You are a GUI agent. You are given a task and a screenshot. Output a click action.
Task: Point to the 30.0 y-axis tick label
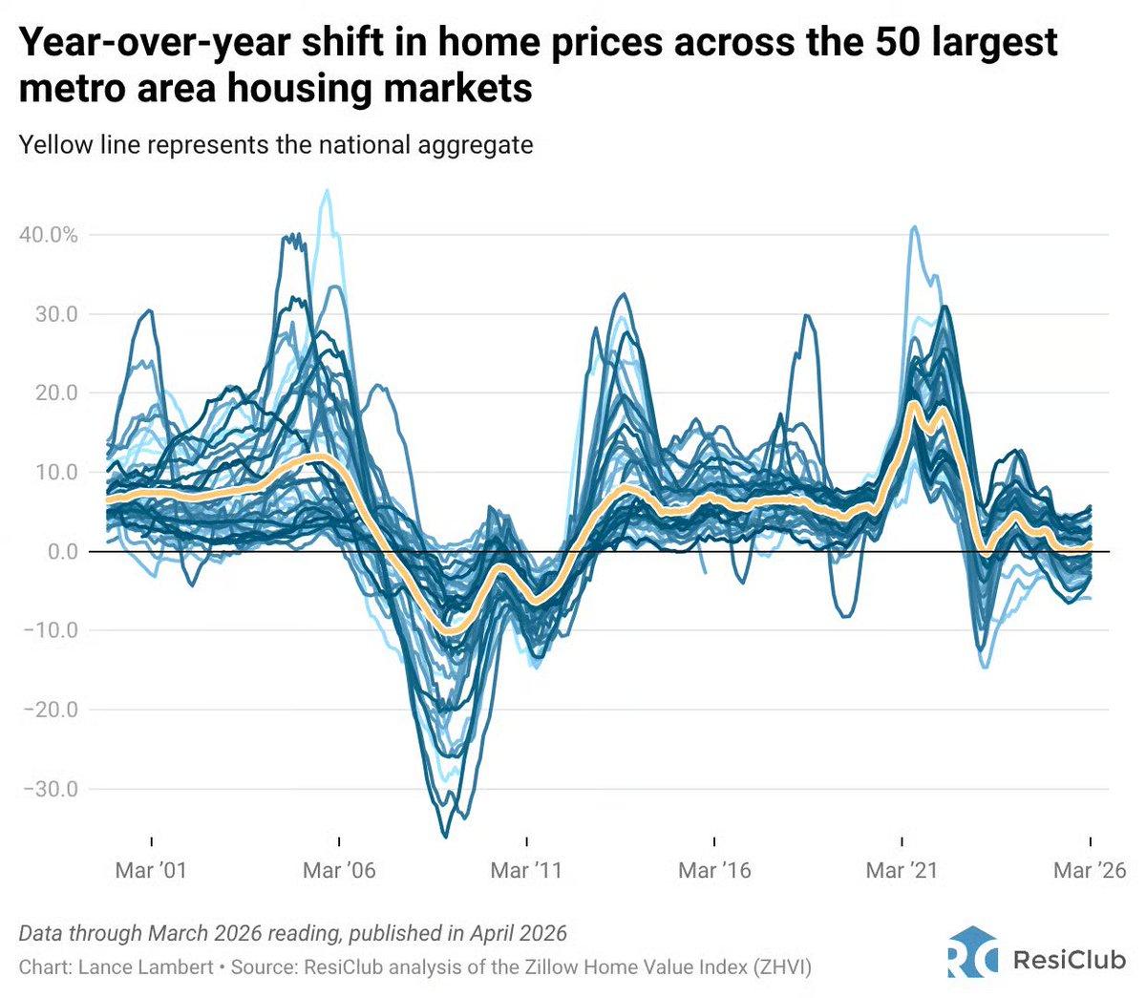pos(53,314)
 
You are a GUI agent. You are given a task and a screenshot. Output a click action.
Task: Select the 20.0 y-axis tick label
pos(53,393)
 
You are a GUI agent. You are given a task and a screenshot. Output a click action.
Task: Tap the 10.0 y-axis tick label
pos(53,473)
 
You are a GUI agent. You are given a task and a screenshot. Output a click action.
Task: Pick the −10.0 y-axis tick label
pos(48,630)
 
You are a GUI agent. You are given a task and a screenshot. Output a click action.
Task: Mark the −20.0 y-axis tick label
pos(48,710)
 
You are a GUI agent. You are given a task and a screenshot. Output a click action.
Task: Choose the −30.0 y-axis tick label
pos(48,789)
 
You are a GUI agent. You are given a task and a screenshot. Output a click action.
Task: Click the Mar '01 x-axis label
pos(152,870)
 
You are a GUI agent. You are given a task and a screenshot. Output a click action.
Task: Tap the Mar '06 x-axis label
pos(339,870)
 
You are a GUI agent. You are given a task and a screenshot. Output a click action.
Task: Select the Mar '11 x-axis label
pos(526,870)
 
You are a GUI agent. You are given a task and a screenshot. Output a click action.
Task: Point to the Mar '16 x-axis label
pos(714,870)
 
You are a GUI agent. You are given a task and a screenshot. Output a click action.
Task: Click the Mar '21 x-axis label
pos(902,870)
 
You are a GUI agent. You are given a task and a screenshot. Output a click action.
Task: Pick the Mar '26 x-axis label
pos(1090,870)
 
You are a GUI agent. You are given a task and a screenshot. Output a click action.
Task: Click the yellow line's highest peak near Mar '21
pos(914,403)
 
